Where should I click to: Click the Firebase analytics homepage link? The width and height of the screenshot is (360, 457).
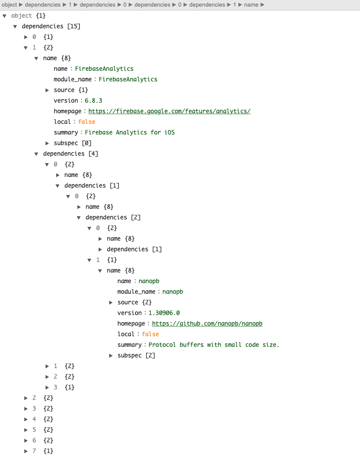click(x=169, y=111)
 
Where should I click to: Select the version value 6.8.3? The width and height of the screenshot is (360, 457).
click(x=93, y=100)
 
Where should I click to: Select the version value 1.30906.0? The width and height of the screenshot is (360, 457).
click(x=164, y=313)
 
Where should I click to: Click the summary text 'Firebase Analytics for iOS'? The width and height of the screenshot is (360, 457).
click(x=130, y=132)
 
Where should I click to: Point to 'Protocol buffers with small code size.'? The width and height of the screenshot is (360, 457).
click(x=214, y=345)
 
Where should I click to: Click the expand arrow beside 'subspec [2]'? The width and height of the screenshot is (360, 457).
click(x=111, y=355)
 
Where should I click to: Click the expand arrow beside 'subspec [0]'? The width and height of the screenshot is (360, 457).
click(x=47, y=143)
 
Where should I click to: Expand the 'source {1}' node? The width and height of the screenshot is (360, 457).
click(x=47, y=90)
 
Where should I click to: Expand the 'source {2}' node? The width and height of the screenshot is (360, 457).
click(x=111, y=302)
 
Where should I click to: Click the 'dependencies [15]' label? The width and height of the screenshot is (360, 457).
click(x=51, y=26)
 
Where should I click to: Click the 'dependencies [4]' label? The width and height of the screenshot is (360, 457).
click(x=70, y=154)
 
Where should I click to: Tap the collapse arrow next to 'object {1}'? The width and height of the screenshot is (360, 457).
click(x=5, y=15)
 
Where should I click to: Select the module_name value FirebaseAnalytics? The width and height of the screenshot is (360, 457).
click(x=128, y=79)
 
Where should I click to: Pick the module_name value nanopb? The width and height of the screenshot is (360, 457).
click(x=172, y=292)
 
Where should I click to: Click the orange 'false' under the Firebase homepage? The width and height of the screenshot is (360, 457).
click(x=87, y=122)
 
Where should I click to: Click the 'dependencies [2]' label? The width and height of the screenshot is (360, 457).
click(x=113, y=217)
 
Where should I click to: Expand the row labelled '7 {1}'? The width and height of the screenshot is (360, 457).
click(x=26, y=451)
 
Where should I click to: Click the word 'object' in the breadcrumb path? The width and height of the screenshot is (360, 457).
click(x=9, y=4)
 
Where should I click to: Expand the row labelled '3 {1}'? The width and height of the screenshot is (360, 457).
click(x=47, y=387)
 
